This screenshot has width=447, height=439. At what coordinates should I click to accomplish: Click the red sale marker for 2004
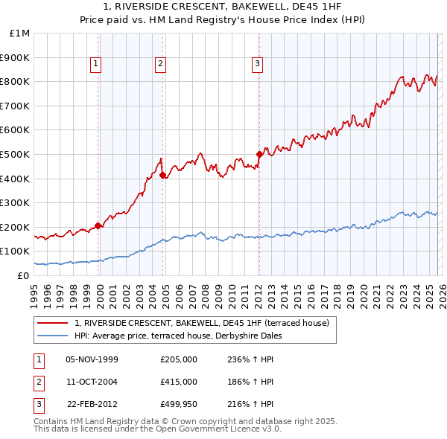point(162,176)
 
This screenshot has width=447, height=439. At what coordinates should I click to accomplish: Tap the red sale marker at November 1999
point(98,225)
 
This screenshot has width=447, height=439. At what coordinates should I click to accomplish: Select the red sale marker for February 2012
point(259,155)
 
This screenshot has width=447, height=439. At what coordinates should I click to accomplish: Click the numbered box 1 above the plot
point(97,65)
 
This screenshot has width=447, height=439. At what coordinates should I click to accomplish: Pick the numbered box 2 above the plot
point(160,65)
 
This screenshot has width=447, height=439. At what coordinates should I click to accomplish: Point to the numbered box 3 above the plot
point(257,65)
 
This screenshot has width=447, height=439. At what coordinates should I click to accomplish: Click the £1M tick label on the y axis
point(19,33)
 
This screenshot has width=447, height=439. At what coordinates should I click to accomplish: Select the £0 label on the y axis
point(24,275)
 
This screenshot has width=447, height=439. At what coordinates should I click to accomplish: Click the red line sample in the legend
point(52,323)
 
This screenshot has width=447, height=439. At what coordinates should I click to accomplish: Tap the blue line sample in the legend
point(52,336)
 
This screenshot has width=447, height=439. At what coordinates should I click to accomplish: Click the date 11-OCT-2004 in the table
point(92,381)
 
